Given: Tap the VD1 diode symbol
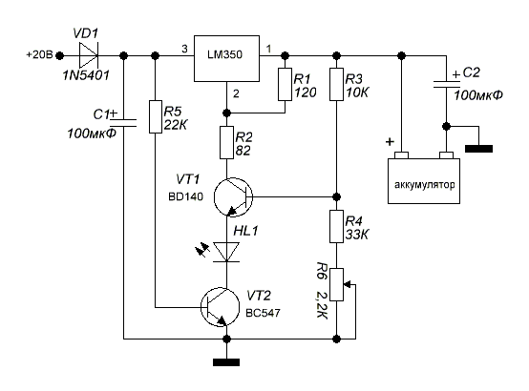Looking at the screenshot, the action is click(89, 55).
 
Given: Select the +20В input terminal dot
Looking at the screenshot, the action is click(60, 55).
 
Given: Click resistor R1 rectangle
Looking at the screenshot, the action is click(285, 84).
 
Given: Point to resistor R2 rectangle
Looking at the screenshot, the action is click(226, 143).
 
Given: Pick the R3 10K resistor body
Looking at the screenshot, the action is click(336, 84).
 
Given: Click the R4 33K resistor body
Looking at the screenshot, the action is click(336, 227).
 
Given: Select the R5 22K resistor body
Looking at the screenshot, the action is click(156, 116).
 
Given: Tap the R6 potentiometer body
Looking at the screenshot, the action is click(336, 284).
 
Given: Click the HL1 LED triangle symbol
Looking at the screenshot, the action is click(226, 252).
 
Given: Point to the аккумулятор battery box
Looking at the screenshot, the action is click(424, 181).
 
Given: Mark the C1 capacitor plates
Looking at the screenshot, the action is click(123, 123).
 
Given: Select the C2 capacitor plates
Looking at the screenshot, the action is click(446, 84).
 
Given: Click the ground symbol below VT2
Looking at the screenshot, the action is click(226, 362).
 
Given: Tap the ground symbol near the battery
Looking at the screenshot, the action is click(478, 149).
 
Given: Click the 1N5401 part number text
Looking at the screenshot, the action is click(86, 75).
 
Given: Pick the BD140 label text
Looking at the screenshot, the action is click(186, 196).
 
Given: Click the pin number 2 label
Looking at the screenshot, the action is click(236, 93).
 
